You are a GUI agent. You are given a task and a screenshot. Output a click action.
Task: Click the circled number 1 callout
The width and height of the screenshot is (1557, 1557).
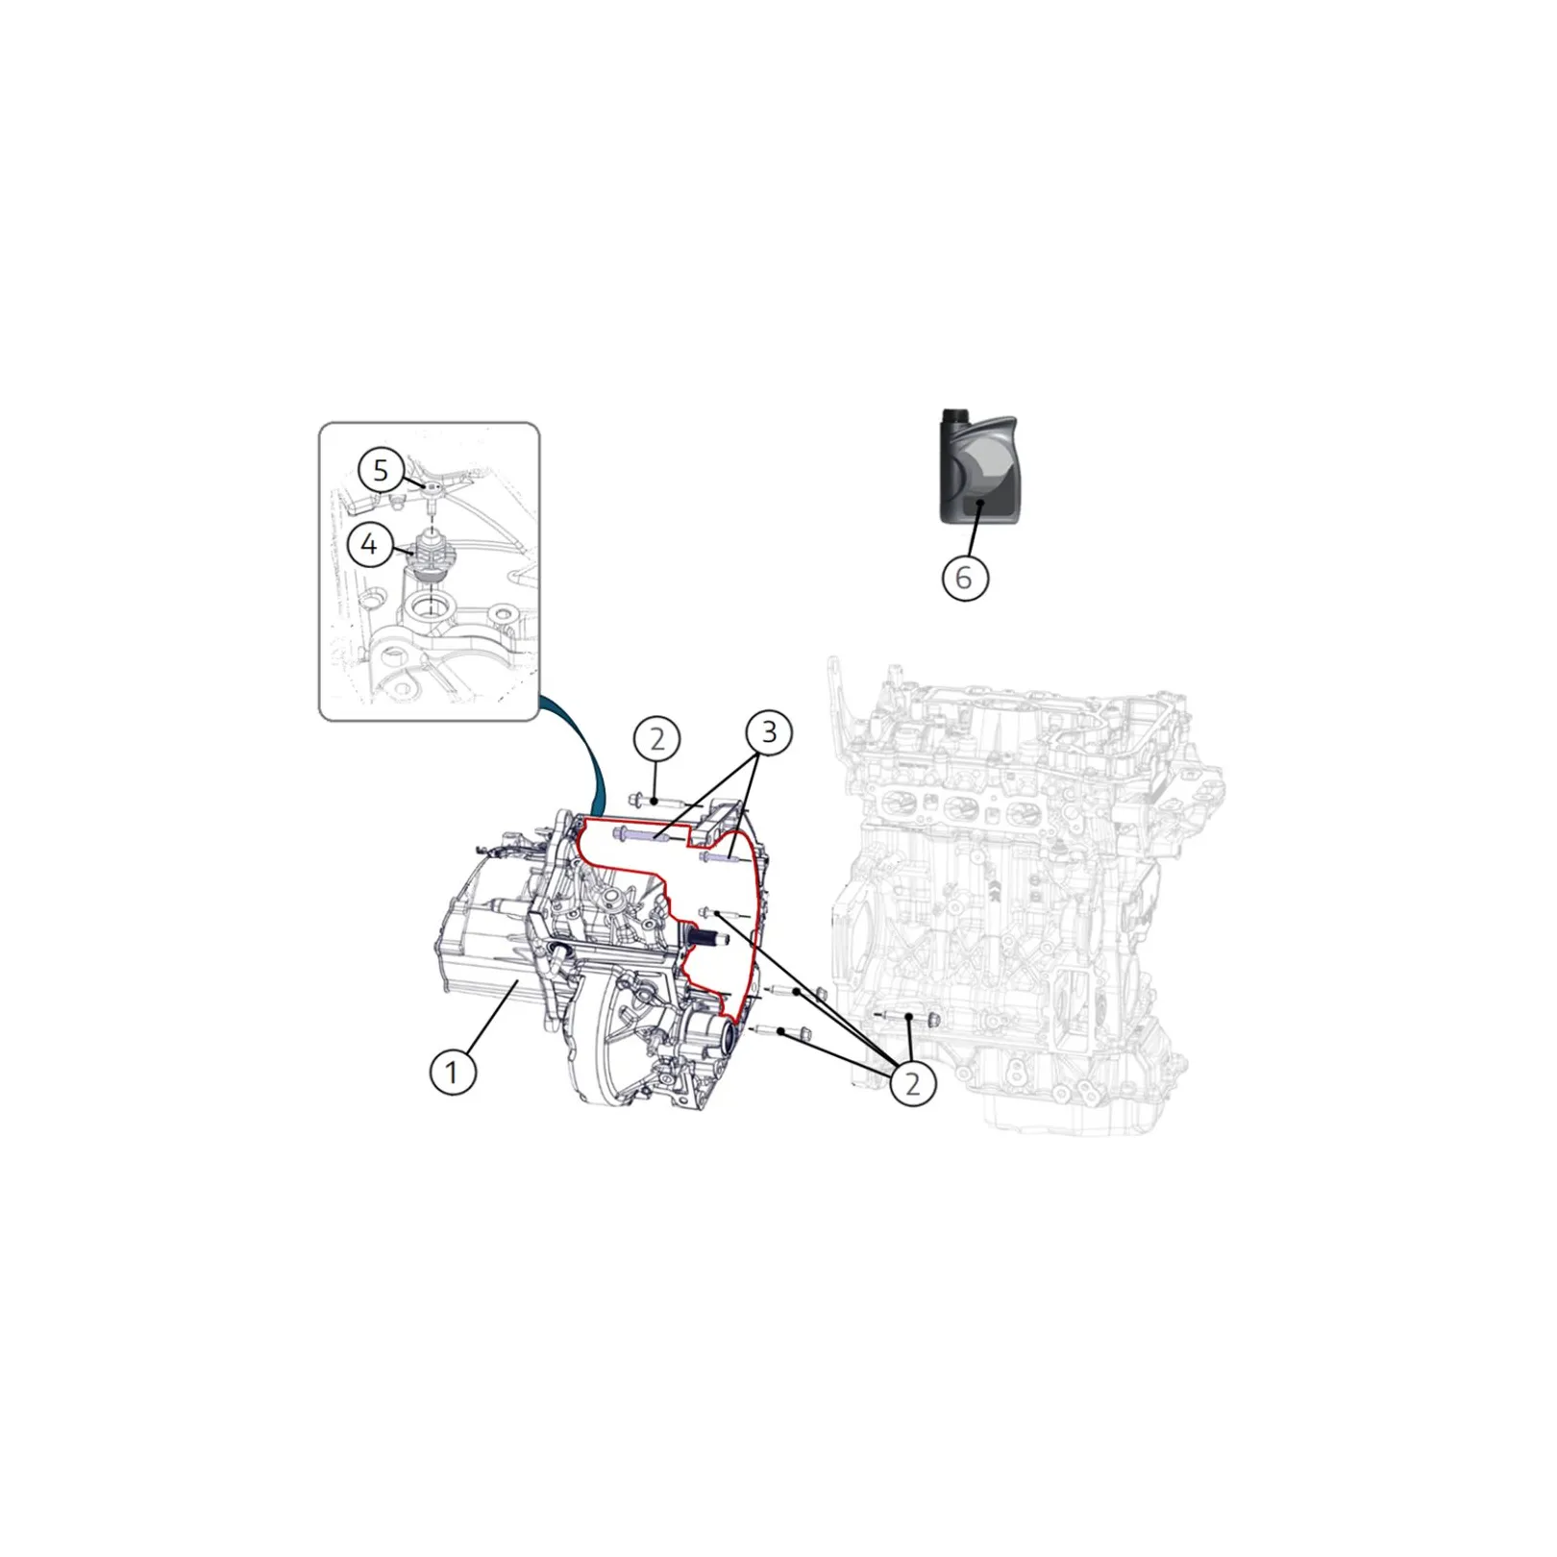pos(453,1071)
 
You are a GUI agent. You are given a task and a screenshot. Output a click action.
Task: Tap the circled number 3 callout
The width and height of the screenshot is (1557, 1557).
pos(769,733)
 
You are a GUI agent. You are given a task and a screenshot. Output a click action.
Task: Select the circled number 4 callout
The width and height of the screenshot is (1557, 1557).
pos(370,545)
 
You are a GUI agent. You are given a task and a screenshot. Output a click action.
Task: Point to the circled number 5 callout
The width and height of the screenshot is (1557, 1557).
pos(381,471)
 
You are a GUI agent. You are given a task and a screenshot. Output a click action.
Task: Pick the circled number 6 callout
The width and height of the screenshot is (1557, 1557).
pos(965,578)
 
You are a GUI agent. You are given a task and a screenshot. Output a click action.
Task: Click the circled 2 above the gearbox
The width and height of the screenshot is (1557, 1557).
pos(657,739)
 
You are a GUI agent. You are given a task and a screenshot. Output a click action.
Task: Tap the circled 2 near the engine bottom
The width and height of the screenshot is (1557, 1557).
pos(912,1083)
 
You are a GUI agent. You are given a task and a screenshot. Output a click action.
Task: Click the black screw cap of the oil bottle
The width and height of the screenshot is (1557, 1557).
pos(951,416)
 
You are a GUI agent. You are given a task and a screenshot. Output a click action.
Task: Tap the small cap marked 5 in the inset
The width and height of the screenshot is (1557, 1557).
pos(432,488)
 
